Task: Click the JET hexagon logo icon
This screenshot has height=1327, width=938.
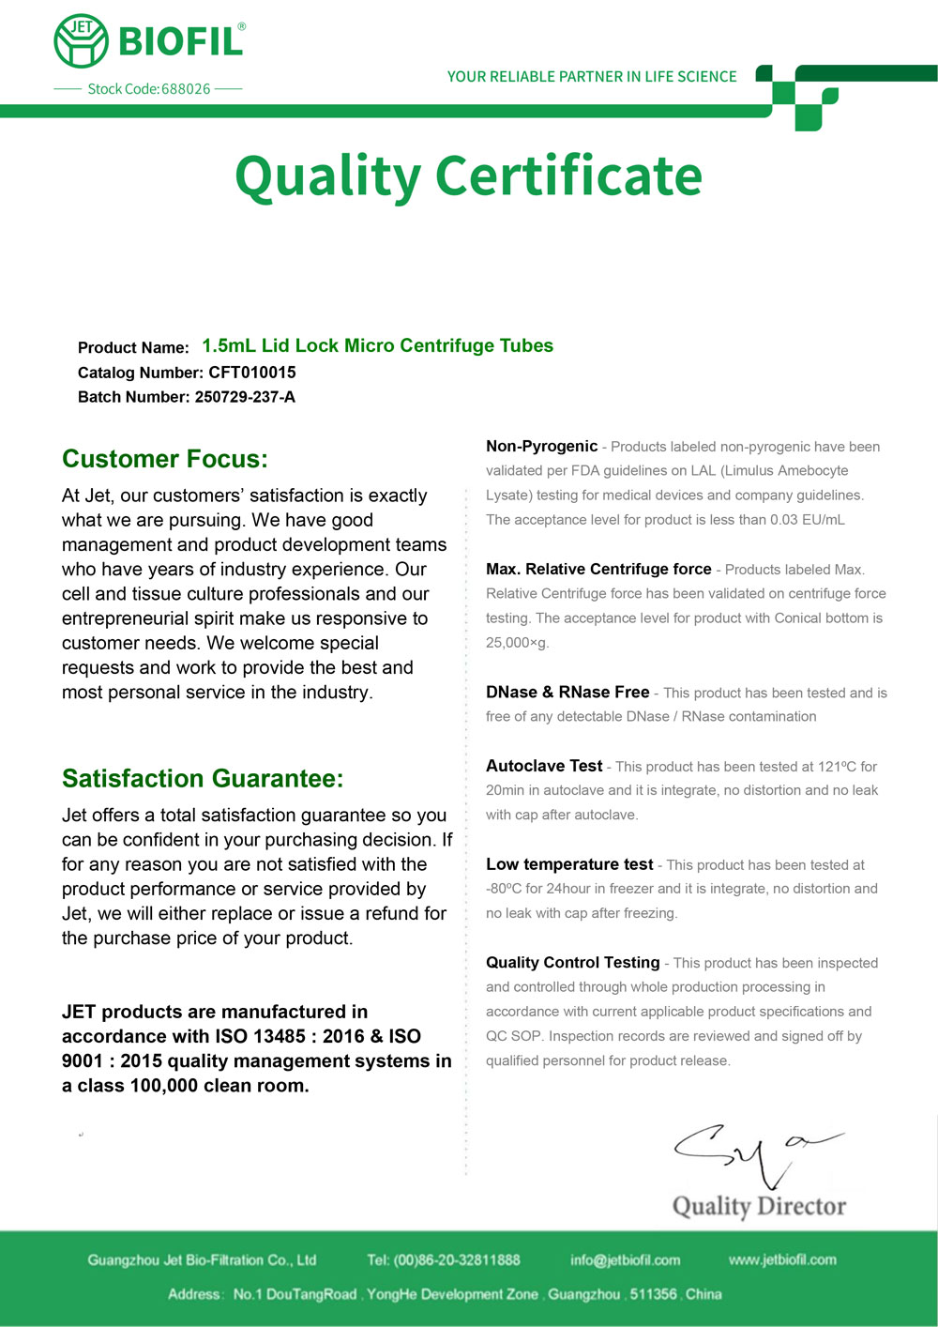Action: point(82,41)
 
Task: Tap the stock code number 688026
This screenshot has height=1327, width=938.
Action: point(186,89)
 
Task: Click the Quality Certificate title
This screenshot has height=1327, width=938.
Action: point(468,176)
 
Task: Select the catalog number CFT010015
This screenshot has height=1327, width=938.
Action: point(252,373)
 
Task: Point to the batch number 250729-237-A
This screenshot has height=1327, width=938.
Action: point(245,397)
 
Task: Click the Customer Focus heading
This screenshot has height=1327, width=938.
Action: point(165,459)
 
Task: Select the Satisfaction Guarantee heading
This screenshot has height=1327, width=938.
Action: point(203,779)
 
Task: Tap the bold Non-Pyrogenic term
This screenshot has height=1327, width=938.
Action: point(541,447)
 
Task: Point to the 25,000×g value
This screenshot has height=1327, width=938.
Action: point(517,643)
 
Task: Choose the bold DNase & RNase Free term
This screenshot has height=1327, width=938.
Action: point(567,693)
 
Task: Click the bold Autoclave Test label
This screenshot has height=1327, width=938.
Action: point(544,766)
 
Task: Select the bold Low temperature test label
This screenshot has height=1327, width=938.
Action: point(569,864)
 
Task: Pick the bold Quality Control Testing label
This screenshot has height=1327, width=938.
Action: point(573,963)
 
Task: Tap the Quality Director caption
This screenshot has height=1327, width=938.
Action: point(759,1206)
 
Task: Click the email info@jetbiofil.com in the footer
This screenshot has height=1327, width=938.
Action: point(625,1260)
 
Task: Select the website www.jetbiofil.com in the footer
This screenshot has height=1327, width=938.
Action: point(782,1260)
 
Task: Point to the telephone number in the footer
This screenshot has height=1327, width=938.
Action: point(457,1260)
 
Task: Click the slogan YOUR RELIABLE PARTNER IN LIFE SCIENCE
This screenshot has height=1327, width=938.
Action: point(592,77)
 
